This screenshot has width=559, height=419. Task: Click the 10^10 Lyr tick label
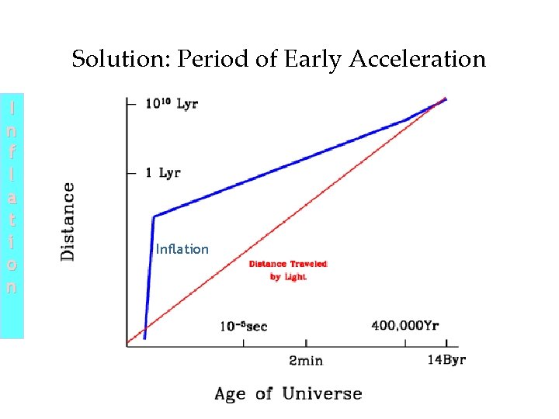(172, 104)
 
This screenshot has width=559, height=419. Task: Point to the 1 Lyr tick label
(163, 172)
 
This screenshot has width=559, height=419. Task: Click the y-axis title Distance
(68, 220)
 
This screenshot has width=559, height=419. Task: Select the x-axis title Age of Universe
(288, 393)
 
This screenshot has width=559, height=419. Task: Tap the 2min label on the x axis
(306, 361)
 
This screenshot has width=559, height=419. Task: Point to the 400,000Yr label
(404, 326)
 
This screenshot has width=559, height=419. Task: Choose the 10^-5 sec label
(242, 326)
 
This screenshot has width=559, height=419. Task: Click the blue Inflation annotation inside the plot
(182, 249)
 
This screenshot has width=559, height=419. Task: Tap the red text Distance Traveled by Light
(288, 270)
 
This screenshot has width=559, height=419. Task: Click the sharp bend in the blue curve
(155, 217)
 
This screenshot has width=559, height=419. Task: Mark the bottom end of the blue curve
(144, 338)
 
